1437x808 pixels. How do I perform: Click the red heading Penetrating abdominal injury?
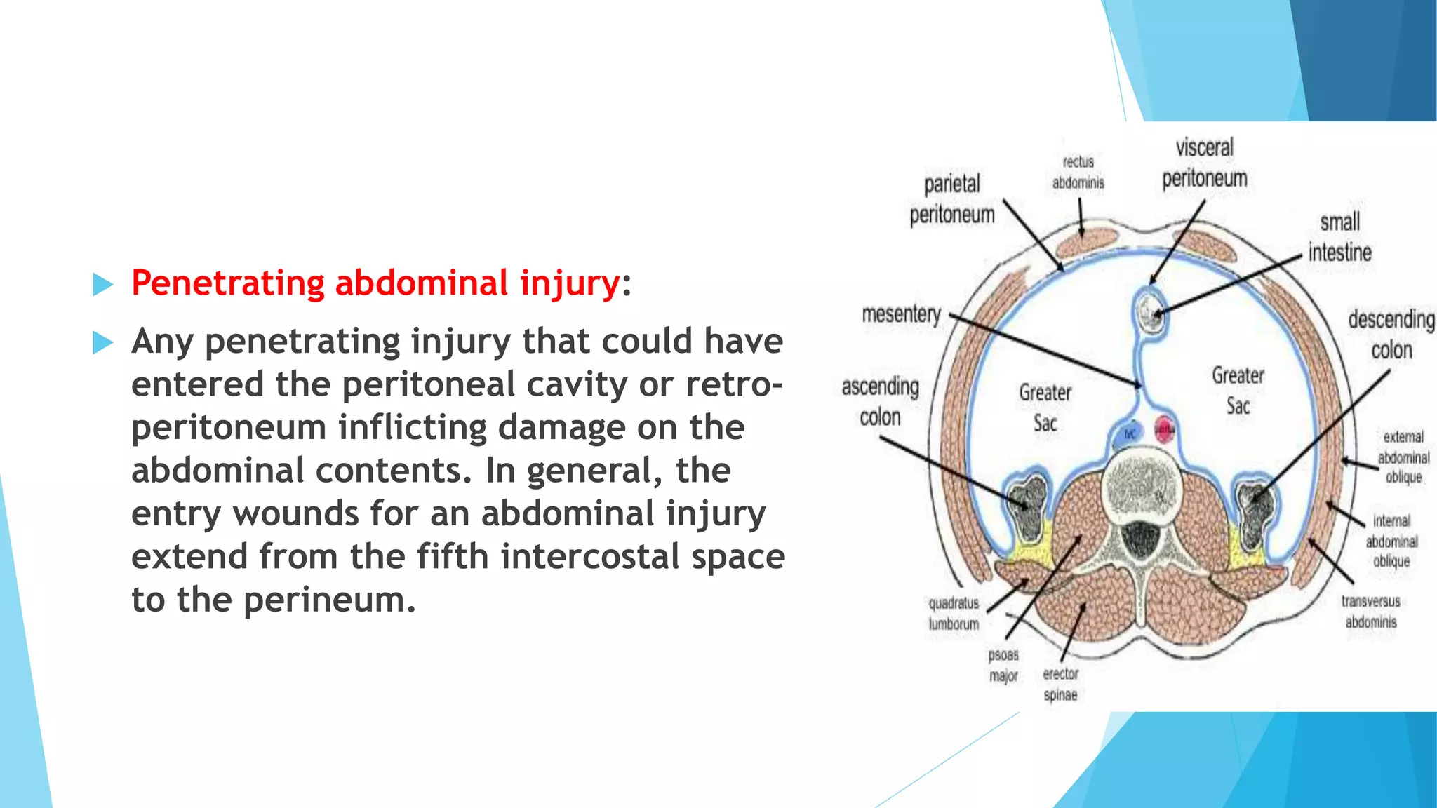coord(375,283)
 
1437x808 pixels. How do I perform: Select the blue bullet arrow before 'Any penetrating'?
coord(103,343)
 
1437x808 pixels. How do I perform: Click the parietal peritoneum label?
coord(952,199)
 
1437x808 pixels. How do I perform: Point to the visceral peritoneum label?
coord(1204,163)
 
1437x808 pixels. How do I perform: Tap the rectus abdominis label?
coord(1078,173)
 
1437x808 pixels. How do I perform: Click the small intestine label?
coord(1339,237)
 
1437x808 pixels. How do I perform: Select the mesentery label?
coord(901,314)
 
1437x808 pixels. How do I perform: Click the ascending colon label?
coord(880,401)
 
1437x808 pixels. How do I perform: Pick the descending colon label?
coord(1391,334)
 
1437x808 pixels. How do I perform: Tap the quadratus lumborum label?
coord(954,613)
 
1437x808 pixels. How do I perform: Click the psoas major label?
coord(1003,665)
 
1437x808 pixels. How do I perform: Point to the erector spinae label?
coord(1060,684)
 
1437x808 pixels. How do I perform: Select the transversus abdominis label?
coord(1370,611)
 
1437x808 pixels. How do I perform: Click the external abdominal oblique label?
coord(1403,457)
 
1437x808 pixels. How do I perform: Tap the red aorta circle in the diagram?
coord(1164,429)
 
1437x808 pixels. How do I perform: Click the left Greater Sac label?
coord(1045,408)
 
